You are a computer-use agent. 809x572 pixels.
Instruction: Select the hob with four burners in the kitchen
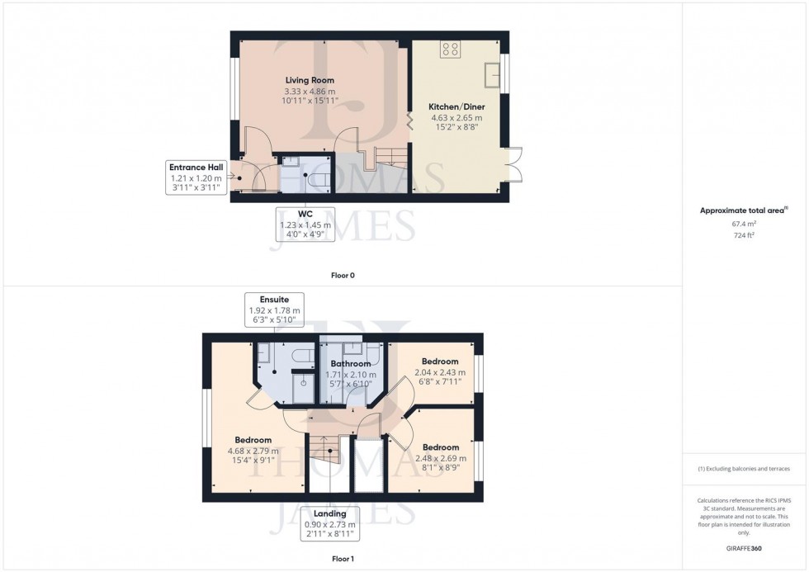point(451,50)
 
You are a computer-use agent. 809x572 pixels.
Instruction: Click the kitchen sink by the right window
point(494,73)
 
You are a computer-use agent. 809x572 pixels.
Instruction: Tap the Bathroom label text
point(350,363)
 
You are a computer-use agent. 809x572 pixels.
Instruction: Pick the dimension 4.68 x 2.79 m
point(253,451)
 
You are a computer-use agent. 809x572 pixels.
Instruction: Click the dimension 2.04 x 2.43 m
point(440,372)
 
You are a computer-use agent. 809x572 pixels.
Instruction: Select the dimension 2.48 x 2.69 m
point(439,458)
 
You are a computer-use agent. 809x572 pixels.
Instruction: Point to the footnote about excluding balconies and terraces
point(744,469)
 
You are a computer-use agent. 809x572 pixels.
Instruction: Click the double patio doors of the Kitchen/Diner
point(512,163)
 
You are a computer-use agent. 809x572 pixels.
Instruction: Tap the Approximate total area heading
point(740,210)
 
